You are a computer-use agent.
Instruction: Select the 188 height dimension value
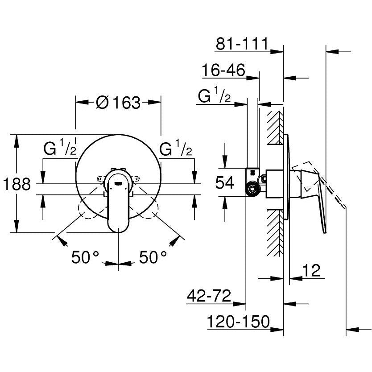click(17, 184)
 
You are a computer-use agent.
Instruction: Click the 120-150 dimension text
click(239, 321)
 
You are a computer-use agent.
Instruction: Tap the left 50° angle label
click(86, 257)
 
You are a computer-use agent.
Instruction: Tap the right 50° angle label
click(153, 257)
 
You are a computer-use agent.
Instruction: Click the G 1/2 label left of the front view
click(60, 149)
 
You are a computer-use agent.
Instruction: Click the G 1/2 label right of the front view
click(177, 149)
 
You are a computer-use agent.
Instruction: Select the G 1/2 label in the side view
click(214, 96)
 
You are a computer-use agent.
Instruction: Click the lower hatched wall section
click(275, 232)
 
